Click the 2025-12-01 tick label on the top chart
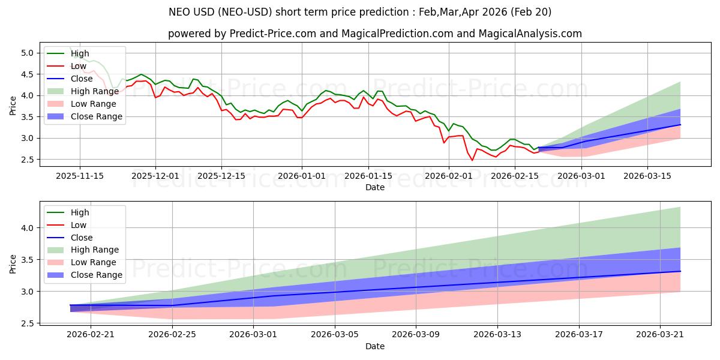[155, 176]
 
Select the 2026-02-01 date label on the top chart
[449, 176]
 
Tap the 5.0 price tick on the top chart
[28, 53]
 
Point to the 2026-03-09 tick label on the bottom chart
[416, 334]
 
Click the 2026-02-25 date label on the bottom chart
[172, 334]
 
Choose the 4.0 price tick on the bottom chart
[28, 228]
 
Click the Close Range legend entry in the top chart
[85, 116]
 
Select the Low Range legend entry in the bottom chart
[82, 262]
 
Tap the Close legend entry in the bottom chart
[70, 238]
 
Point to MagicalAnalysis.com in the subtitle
[530, 34]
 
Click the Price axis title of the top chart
[13, 106]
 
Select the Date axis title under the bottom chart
[375, 346]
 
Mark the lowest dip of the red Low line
[472, 160]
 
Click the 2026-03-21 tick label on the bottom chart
[660, 334]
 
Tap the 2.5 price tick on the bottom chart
[28, 323]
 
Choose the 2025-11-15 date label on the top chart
[80, 176]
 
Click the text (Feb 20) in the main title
[530, 12]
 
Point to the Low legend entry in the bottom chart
[67, 225]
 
